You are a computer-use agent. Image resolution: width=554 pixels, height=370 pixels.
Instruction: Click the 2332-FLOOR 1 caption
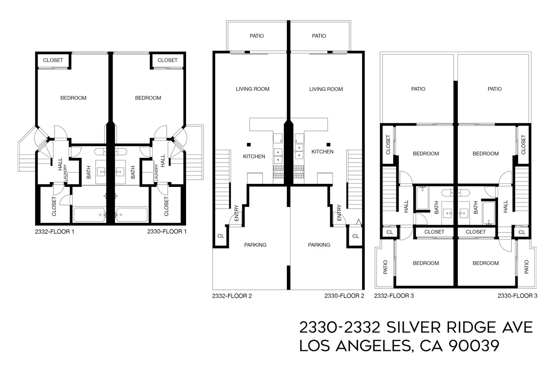pos(55,232)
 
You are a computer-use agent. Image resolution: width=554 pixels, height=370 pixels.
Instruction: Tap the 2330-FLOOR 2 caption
pos(344,296)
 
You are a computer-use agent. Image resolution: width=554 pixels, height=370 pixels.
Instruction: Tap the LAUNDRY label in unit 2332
pos(65,173)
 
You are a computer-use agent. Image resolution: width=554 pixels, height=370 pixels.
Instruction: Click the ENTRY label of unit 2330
pos(339,213)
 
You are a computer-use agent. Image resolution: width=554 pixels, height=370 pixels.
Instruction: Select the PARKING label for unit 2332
pos(255,245)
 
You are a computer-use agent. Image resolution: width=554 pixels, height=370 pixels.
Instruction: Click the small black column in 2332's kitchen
pos(249,144)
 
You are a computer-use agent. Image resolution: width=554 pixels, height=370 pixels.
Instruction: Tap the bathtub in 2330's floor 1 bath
pos(132,215)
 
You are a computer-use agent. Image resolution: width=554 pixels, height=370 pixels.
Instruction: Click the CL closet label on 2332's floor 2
pos(220,236)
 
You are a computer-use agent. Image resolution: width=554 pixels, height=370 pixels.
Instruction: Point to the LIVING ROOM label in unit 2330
pos(326,89)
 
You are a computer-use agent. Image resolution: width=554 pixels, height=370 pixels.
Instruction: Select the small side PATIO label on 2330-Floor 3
pos(526,267)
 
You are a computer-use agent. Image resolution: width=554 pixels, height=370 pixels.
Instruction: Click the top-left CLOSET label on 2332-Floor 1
pos(53,60)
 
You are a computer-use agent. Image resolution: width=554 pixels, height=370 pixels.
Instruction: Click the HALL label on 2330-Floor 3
pos(506,206)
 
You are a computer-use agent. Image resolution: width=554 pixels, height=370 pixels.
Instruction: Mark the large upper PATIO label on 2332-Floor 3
pos(418,89)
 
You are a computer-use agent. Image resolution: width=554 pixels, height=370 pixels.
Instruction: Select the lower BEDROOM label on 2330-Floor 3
pos(485,263)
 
